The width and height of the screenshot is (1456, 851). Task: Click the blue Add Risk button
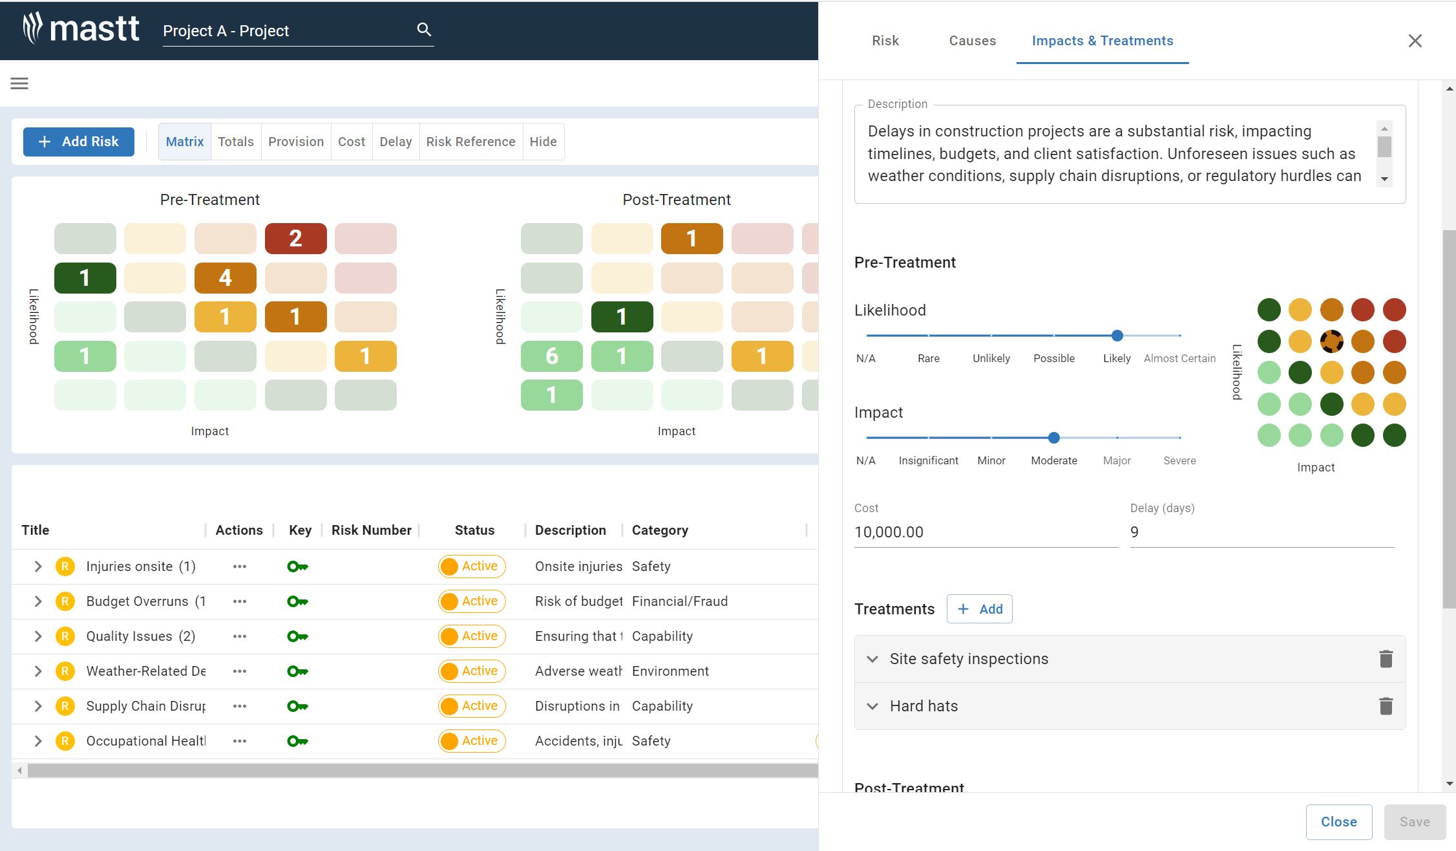pyautogui.click(x=79, y=142)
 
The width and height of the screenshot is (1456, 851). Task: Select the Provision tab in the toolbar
pyautogui.click(x=296, y=142)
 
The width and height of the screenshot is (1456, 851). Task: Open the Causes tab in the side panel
pyautogui.click(x=972, y=41)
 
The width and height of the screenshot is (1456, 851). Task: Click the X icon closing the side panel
pyautogui.click(x=1415, y=41)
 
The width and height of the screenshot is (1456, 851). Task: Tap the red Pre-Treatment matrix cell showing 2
pyautogui.click(x=295, y=239)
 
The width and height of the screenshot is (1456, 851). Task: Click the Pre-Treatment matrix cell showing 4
pyautogui.click(x=225, y=278)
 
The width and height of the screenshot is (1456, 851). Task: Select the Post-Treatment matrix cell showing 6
pyautogui.click(x=551, y=356)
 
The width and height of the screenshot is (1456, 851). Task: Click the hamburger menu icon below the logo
pyautogui.click(x=19, y=83)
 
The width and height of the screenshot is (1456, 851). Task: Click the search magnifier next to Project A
pyautogui.click(x=424, y=30)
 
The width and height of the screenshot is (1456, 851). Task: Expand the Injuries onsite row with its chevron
pyautogui.click(x=38, y=566)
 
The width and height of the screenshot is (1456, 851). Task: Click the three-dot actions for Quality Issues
pyautogui.click(x=240, y=636)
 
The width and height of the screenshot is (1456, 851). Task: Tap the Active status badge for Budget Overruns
pyautogui.click(x=472, y=601)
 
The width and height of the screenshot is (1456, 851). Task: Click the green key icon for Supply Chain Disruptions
pyautogui.click(x=297, y=706)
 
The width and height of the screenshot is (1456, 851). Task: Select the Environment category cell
pyautogui.click(x=670, y=671)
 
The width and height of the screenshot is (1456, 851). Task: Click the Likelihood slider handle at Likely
pyautogui.click(x=1117, y=336)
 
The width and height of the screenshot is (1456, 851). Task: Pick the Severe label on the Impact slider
pyautogui.click(x=1179, y=460)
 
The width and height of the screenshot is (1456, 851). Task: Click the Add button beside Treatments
pyautogui.click(x=979, y=609)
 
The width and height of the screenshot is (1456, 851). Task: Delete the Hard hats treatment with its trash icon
pyautogui.click(x=1386, y=706)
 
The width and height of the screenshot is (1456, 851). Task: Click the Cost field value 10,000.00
pyautogui.click(x=889, y=532)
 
